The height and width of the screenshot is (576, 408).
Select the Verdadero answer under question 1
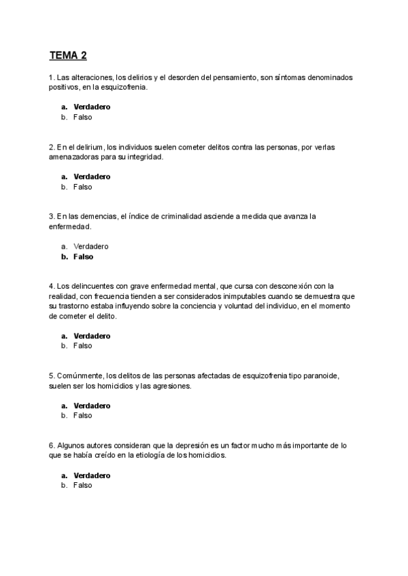[x=92, y=107]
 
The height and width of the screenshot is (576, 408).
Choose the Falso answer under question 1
[x=82, y=117]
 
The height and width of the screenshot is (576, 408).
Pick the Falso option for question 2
[x=82, y=187]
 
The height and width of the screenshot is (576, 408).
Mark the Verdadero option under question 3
[x=90, y=246]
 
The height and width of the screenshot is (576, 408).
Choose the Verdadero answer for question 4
[x=92, y=336]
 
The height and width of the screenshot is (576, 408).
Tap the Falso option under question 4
[x=82, y=346]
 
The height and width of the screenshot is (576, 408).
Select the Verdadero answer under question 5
[x=92, y=406]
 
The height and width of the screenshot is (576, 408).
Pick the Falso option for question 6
[x=82, y=486]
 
